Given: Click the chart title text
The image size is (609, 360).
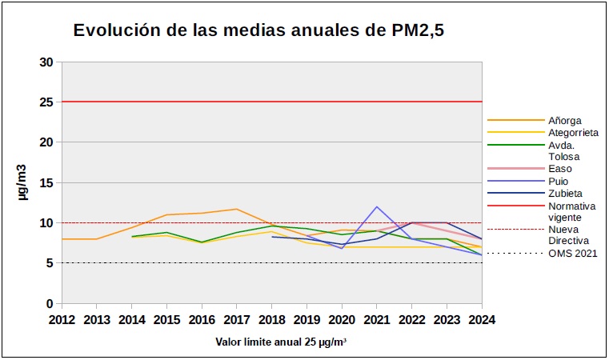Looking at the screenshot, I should (x=258, y=31).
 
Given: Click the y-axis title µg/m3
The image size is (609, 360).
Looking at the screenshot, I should (x=24, y=183).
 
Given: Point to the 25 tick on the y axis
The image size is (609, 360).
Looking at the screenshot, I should (x=47, y=102).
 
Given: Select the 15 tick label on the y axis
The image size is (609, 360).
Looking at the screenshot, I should (x=47, y=183).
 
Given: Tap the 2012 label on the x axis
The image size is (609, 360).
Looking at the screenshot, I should (x=62, y=320).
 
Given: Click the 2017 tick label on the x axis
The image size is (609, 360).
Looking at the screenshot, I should (x=236, y=320).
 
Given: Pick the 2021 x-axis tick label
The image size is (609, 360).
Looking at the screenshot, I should (x=376, y=320).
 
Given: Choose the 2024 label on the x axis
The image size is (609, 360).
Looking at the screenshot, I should (x=482, y=320).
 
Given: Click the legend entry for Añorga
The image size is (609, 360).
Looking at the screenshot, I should (x=565, y=120).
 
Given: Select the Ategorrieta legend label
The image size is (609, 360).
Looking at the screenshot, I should (x=574, y=132).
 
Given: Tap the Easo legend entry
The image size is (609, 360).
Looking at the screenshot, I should (x=560, y=169).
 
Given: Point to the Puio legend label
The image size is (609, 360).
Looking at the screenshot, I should (x=559, y=181).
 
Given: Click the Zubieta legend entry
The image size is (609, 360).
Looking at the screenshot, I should (x=565, y=193).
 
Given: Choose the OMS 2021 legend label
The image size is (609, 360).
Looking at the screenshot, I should (x=572, y=254).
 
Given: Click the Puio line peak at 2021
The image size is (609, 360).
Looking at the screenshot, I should (x=377, y=206).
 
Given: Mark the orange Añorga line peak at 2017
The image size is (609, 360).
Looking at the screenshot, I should (x=236, y=209).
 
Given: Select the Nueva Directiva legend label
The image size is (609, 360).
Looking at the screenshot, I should (x=568, y=234).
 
